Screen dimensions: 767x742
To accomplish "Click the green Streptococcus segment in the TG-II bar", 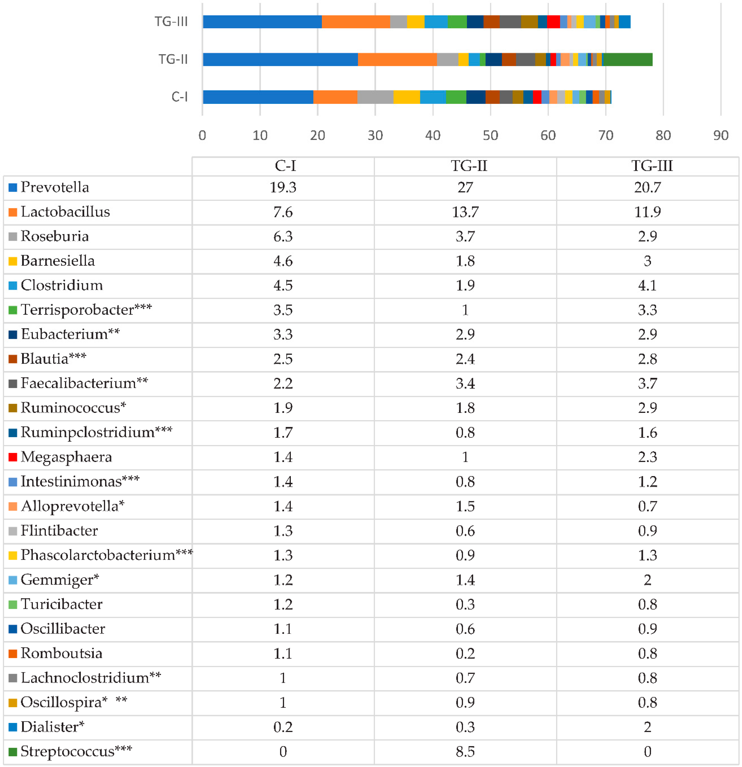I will click(x=627, y=60).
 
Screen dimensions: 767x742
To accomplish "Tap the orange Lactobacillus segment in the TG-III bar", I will click(x=356, y=22).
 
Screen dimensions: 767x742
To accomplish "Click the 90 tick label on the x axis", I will click(x=720, y=135).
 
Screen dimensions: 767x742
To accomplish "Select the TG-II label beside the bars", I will click(x=173, y=60).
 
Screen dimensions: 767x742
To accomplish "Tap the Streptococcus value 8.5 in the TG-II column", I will click(x=465, y=752).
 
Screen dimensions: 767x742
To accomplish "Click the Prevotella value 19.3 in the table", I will click(x=283, y=187).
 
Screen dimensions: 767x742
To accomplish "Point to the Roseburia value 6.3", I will click(x=283, y=236).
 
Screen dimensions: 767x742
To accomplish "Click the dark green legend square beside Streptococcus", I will click(x=13, y=752).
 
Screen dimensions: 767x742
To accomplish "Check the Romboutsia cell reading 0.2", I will click(x=465, y=653).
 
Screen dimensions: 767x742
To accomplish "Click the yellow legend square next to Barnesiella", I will click(x=13, y=261).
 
